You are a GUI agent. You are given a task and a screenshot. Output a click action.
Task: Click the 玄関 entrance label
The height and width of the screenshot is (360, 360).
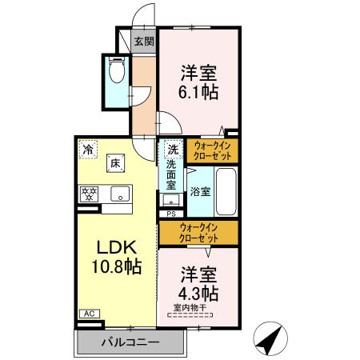click(143, 42)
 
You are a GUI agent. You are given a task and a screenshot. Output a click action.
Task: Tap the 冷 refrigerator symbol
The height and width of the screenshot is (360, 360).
click(87, 148)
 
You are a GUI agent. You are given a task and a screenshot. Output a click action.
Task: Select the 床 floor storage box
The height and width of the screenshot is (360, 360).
click(116, 164)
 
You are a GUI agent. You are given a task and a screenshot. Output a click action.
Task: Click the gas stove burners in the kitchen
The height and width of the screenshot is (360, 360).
click(89, 193)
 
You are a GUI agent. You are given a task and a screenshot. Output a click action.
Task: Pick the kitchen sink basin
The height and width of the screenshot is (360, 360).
click(119, 193)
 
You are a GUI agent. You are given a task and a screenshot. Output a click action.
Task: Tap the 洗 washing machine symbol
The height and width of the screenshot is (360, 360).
click(172, 148)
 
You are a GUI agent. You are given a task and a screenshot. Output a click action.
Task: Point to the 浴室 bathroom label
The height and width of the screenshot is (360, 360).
click(200, 192)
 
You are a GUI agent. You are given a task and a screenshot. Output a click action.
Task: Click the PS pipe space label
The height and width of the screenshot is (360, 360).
click(171, 214)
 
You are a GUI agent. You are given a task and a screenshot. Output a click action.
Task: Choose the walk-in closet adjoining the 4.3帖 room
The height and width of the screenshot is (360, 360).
click(198, 234)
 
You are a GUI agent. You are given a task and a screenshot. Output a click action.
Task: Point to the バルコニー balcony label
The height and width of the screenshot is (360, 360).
click(130, 342)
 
